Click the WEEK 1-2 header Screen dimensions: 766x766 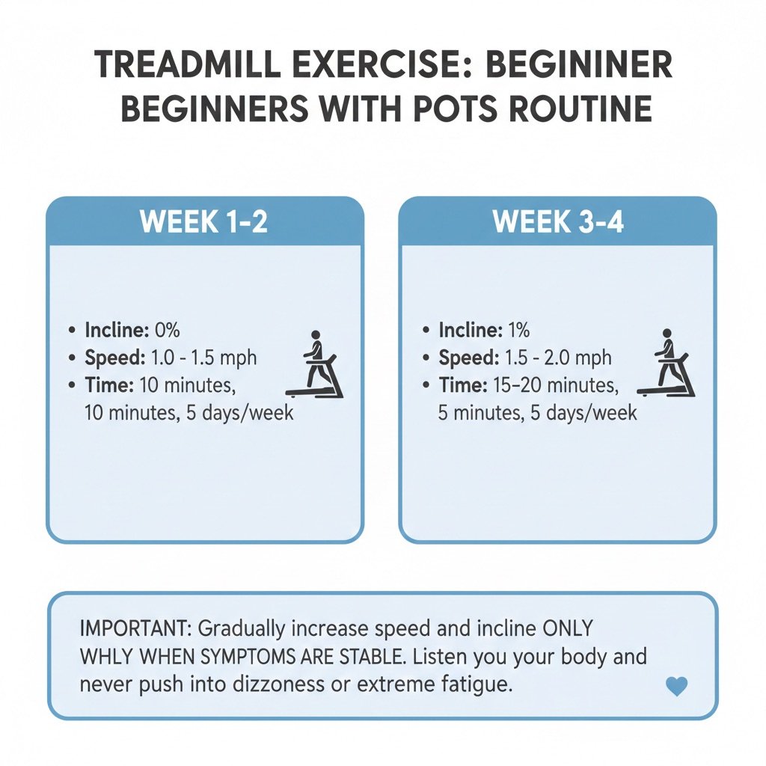[x=204, y=222]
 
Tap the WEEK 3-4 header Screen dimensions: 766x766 [x=558, y=222]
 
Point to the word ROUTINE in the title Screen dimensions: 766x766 [x=574, y=108]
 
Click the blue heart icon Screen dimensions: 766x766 [x=676, y=687]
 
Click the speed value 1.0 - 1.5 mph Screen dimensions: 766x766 [x=203, y=358]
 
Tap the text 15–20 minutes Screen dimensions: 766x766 [x=554, y=385]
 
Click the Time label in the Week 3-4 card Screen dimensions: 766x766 [x=463, y=385]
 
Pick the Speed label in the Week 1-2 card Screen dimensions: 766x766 [x=114, y=358]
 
